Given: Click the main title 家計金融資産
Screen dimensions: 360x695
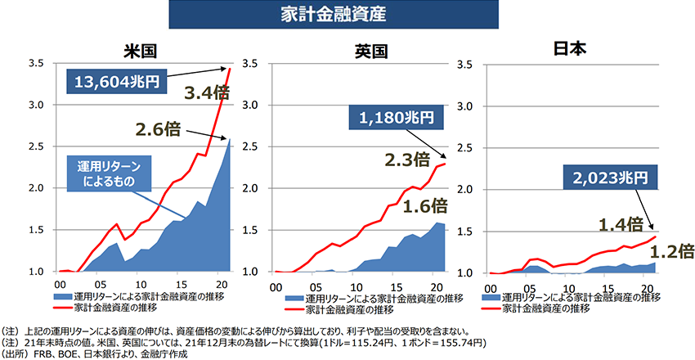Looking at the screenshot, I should [348, 16].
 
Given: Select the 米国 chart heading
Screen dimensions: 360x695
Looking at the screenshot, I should [140, 51].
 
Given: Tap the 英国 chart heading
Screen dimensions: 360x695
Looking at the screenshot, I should [370, 51].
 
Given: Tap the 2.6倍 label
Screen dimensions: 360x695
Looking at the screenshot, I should [158, 128].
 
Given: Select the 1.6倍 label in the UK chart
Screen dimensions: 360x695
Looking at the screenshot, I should [427, 204].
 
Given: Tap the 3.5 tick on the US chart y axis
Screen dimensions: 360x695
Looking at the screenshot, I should [38, 63].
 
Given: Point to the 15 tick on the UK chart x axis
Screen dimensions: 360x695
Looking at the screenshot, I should [395, 286].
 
